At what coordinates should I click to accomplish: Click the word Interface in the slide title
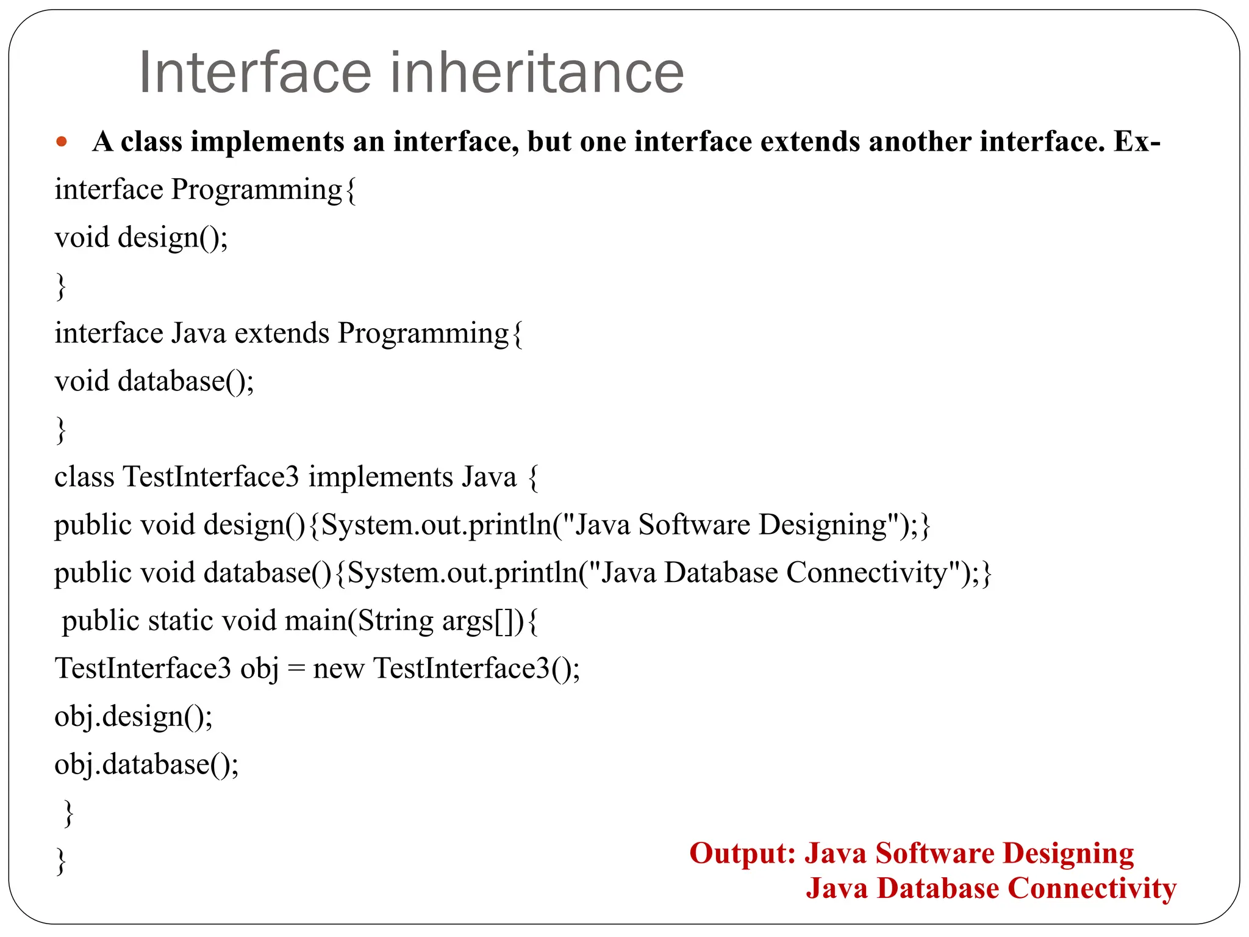(x=255, y=73)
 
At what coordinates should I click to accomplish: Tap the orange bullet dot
(x=61, y=143)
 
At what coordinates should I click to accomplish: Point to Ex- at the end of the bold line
(x=1137, y=142)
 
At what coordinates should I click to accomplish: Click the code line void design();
(x=141, y=238)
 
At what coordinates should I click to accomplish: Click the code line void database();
(x=154, y=382)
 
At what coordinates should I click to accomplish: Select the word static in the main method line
(x=181, y=621)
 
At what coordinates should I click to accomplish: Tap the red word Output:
(x=742, y=853)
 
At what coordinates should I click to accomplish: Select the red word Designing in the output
(x=1068, y=853)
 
